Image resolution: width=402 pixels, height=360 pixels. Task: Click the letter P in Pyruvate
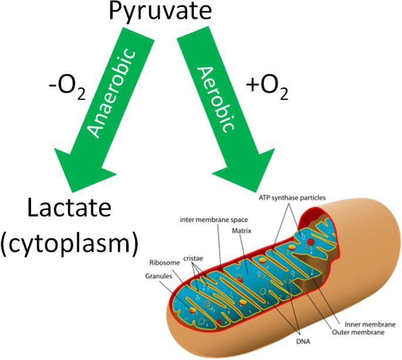116,12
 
